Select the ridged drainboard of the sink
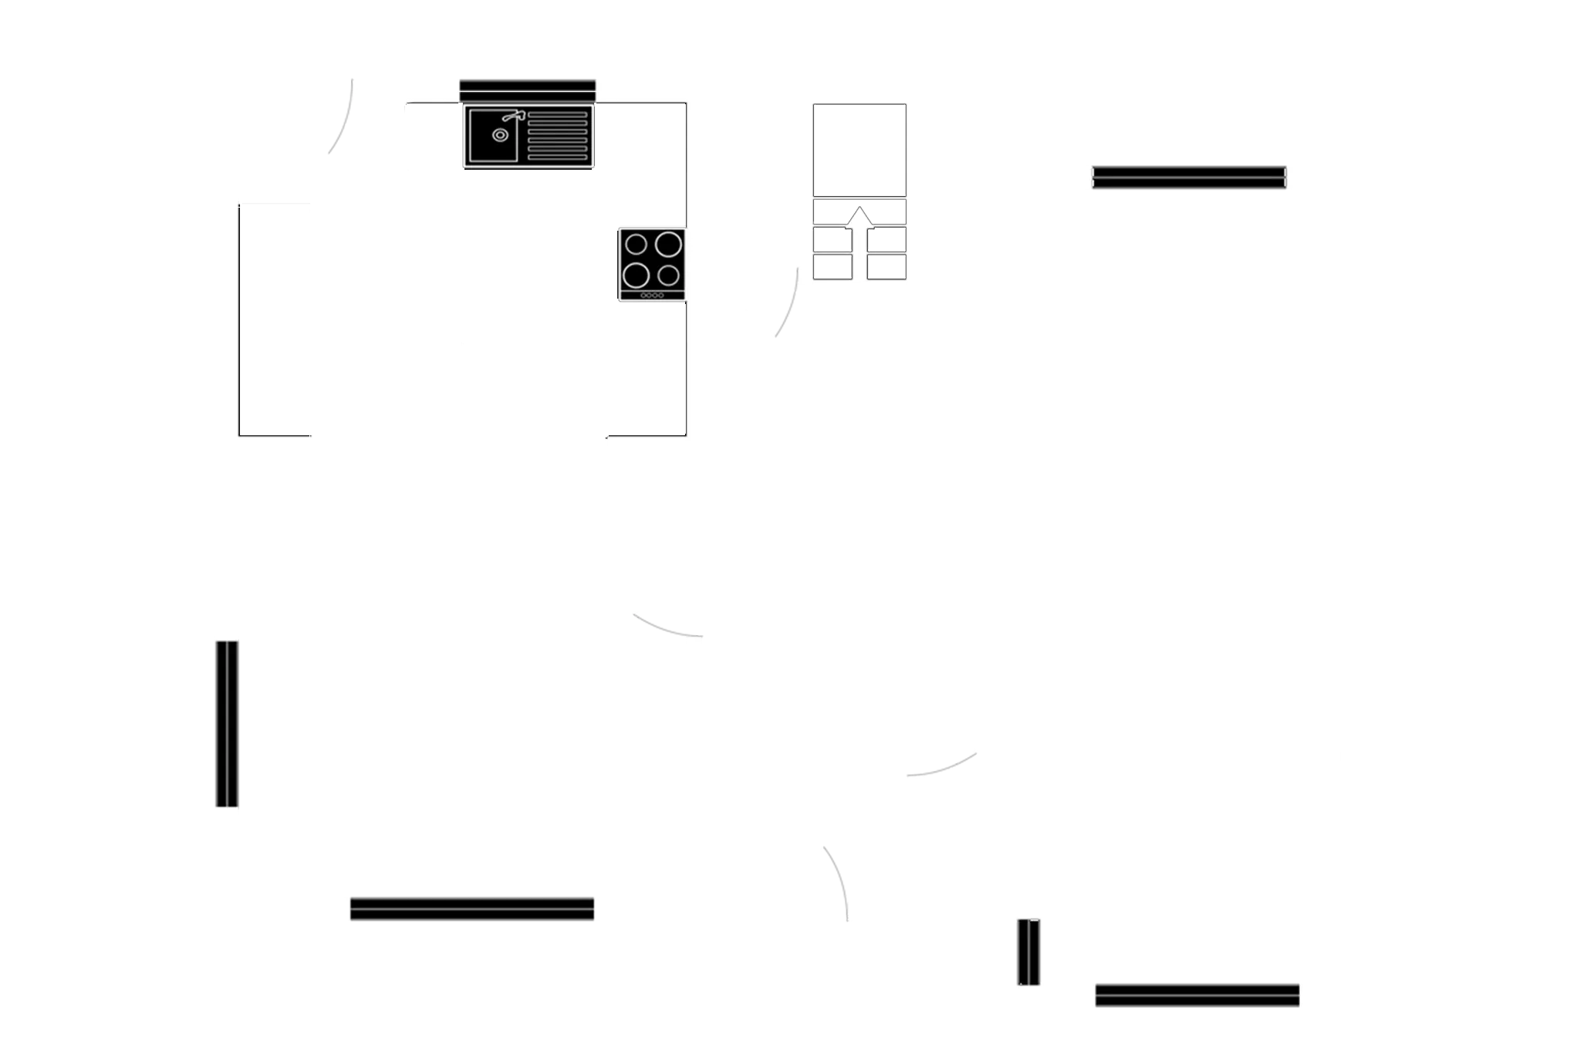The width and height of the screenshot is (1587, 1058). click(x=557, y=136)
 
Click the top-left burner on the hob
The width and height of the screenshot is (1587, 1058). click(x=636, y=245)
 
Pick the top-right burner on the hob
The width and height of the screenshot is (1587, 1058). click(x=668, y=245)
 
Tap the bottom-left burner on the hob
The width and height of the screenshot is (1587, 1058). click(x=636, y=275)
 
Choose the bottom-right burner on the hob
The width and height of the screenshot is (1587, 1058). click(x=669, y=275)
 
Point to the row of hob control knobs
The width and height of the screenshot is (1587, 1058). click(x=652, y=296)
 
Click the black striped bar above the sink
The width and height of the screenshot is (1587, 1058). click(x=528, y=89)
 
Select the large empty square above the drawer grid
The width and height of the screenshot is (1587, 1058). click(x=859, y=148)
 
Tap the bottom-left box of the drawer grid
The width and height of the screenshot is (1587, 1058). click(x=832, y=267)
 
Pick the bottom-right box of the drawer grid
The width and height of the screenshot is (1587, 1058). click(x=886, y=267)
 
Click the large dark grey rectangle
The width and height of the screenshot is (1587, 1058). click(x=461, y=733)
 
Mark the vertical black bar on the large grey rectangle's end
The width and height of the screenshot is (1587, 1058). click(x=225, y=724)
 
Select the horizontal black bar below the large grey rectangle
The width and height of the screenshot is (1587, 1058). click(x=472, y=910)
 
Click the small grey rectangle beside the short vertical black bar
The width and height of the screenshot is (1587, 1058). click(x=1190, y=941)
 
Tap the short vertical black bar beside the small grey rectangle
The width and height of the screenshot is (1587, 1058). click(x=1027, y=952)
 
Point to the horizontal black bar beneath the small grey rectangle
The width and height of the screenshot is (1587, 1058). click(x=1197, y=996)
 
